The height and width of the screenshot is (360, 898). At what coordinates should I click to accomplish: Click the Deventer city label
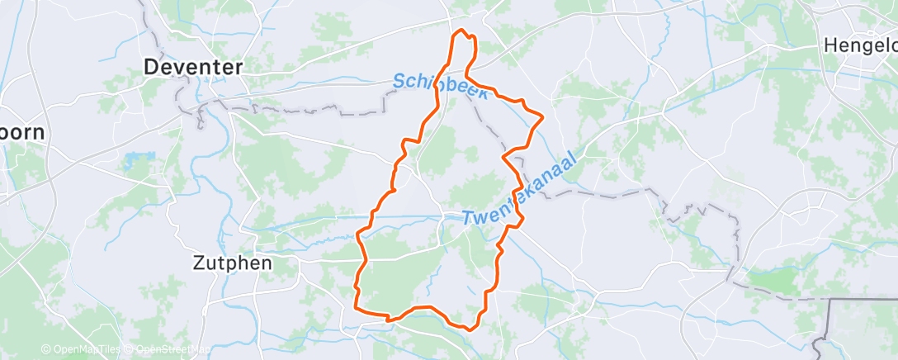click(x=193, y=67)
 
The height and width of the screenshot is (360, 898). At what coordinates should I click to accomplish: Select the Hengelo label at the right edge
click(x=860, y=46)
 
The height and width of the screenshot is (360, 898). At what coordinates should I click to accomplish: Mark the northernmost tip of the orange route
click(x=461, y=31)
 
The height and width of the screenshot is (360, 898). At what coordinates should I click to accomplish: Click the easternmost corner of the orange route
click(x=543, y=118)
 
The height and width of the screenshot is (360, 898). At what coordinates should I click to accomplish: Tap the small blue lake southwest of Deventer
click(x=132, y=159)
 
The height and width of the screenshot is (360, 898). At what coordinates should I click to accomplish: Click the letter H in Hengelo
click(x=830, y=46)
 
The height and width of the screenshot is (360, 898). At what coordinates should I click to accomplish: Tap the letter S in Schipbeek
click(x=399, y=80)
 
